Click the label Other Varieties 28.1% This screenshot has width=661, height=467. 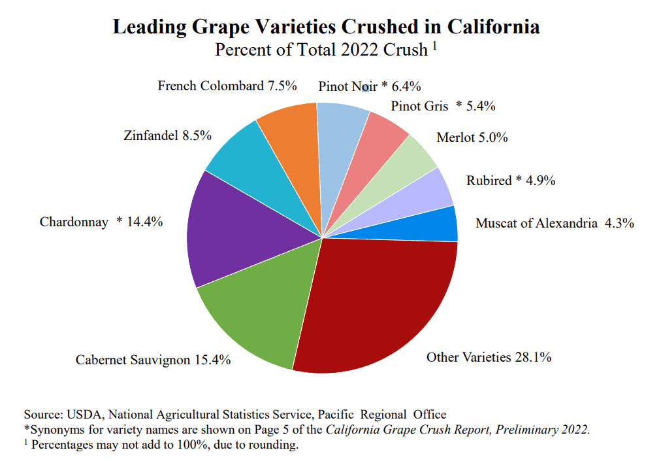[489, 357]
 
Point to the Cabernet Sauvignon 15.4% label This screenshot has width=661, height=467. [153, 360]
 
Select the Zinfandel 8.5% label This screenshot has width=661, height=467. [167, 136]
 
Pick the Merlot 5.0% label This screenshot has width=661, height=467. [472, 138]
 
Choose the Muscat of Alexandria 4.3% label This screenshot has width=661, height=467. [555, 223]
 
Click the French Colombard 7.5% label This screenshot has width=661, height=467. [227, 86]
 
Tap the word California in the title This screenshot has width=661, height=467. [494, 27]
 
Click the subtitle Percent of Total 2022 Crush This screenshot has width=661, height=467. [321, 50]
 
